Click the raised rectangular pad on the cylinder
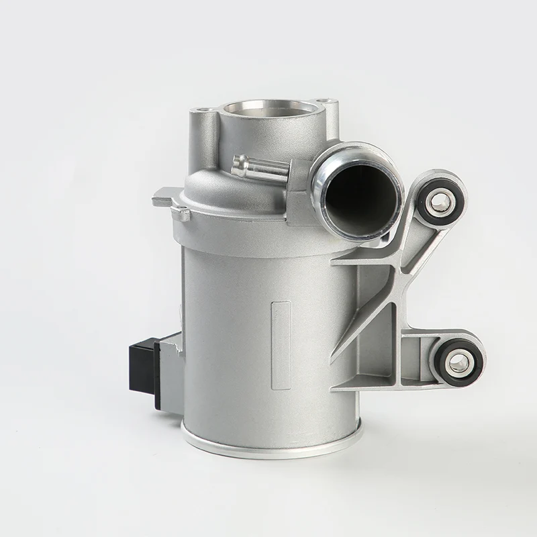pyautogui.click(x=280, y=328)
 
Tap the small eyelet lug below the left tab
pyautogui.click(x=180, y=214)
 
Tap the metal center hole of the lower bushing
pyautogui.click(x=458, y=362)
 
